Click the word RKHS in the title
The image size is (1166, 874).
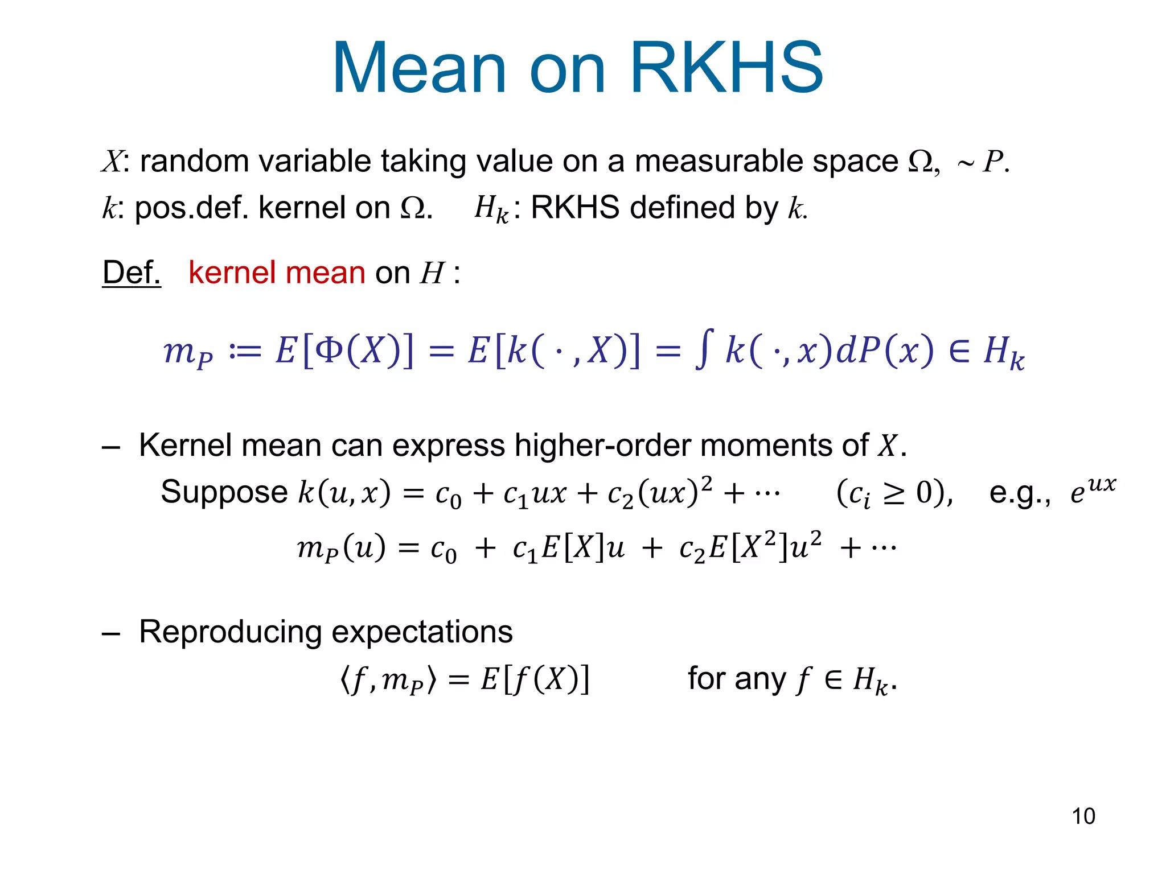(x=726, y=68)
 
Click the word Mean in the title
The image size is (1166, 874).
(x=419, y=68)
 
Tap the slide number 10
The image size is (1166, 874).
(x=1083, y=816)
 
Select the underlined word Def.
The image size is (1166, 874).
(x=132, y=273)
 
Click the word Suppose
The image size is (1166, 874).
(x=224, y=492)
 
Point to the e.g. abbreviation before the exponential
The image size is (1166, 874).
(x=1019, y=493)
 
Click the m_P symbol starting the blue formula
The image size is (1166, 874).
(x=188, y=352)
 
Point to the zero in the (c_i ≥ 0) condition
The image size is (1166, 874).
(x=926, y=493)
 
